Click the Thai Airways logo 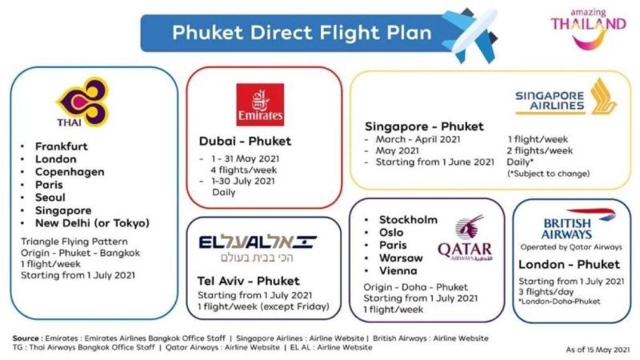(83, 102)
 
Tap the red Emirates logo (260, 105)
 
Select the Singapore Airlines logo (566, 97)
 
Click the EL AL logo (258, 248)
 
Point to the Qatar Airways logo (466, 238)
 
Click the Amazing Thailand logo (588, 29)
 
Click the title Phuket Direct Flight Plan (302, 33)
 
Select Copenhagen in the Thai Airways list (70, 172)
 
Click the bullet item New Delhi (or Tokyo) (92, 223)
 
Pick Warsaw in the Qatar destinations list (401, 258)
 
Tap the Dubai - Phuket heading (245, 142)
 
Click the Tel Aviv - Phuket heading (248, 281)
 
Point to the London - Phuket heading (569, 265)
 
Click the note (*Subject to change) (548, 174)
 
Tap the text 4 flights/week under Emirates (244, 170)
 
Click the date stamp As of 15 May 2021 (598, 350)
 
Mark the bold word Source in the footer (26, 338)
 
